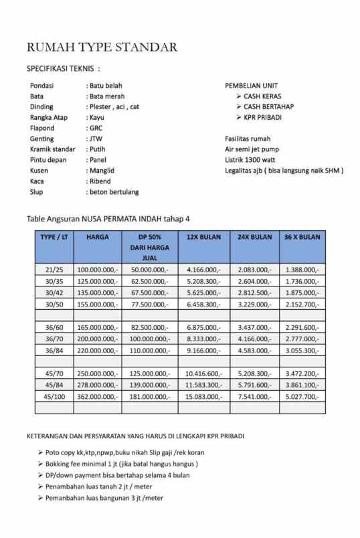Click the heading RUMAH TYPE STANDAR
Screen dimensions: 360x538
pos(102,47)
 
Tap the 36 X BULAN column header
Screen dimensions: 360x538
pos(302,237)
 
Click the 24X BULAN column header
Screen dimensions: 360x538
pos(254,237)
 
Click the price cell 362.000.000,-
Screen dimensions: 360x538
pos(98,397)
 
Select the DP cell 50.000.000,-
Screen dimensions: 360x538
pos(149,269)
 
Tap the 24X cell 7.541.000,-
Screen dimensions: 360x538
pos(254,397)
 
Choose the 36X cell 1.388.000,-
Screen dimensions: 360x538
pos(302,269)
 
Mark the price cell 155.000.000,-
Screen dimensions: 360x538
pos(98,304)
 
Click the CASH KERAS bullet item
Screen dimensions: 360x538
pos(262,96)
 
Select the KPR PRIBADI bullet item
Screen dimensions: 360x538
pos(262,117)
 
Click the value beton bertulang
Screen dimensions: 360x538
pos(113,192)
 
